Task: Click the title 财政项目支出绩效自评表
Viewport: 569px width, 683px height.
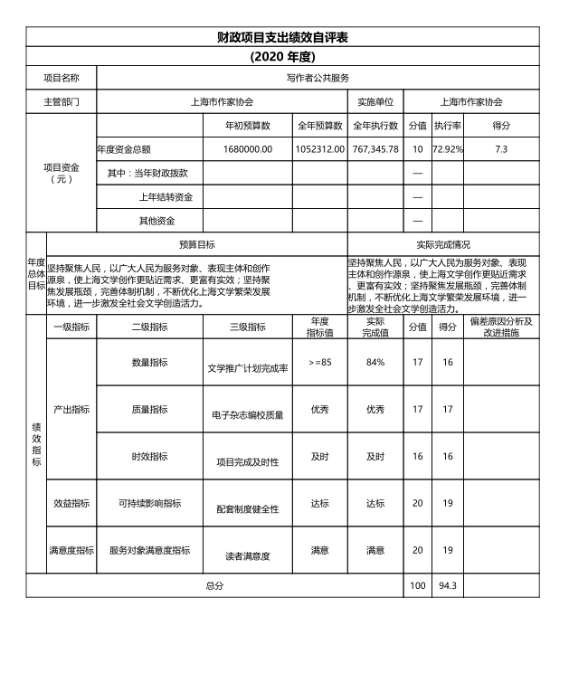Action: pos(283,37)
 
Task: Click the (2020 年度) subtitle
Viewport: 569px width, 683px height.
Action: pos(283,56)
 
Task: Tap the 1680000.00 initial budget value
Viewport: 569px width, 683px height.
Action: pos(247,148)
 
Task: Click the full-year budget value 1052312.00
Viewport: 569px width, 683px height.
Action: pos(319,148)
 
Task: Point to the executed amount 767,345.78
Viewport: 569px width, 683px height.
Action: pos(375,148)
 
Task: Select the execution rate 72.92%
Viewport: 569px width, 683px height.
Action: pos(448,148)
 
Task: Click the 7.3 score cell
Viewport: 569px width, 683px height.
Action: pos(501,148)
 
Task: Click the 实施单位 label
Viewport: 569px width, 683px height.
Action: pos(375,102)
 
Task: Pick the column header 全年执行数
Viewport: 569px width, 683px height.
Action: pos(375,126)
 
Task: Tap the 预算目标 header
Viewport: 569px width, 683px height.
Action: pos(197,244)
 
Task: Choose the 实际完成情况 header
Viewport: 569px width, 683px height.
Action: pos(443,244)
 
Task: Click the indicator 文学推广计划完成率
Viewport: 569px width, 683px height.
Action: pos(247,368)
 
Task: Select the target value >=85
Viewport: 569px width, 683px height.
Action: pos(319,362)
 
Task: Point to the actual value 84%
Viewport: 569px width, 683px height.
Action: pos(375,362)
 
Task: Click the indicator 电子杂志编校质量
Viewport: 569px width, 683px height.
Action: pos(247,415)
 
